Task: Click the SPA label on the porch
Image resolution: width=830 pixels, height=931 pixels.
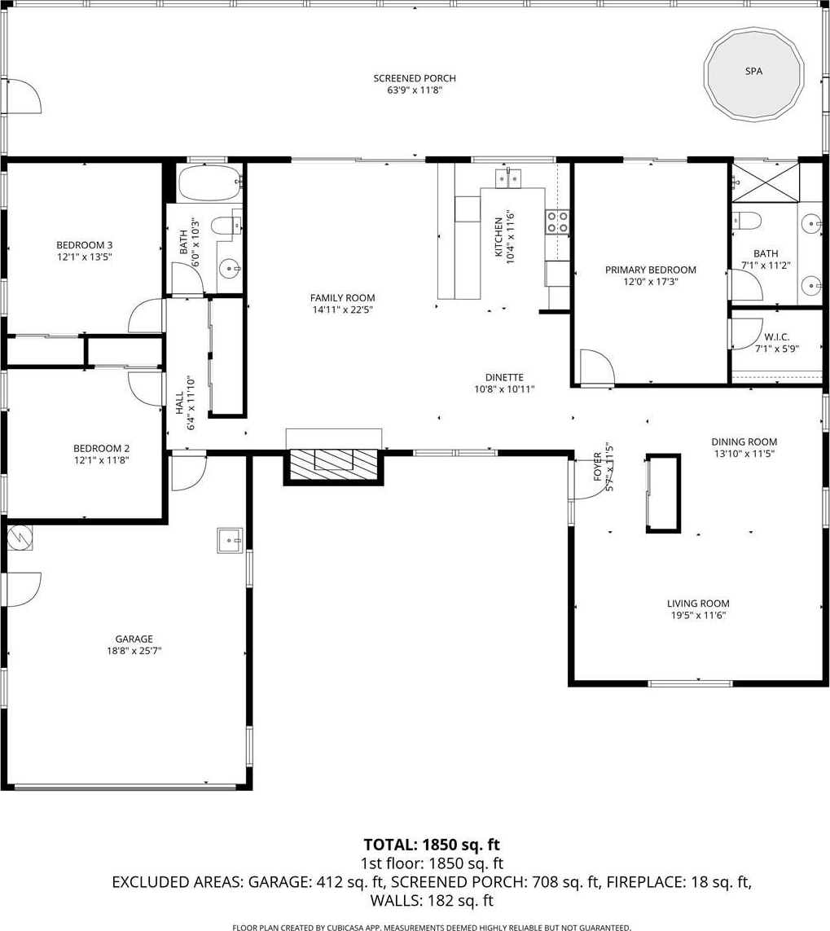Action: click(x=753, y=71)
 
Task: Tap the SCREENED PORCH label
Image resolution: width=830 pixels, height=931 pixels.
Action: click(x=415, y=78)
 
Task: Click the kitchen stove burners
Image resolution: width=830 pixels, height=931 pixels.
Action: click(x=557, y=222)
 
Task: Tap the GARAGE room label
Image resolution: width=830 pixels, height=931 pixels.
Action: click(x=134, y=639)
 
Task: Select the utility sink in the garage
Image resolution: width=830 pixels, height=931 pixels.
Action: click(x=230, y=540)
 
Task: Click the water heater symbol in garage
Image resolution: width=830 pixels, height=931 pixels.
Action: click(x=20, y=538)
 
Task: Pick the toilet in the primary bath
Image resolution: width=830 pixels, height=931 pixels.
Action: click(x=747, y=221)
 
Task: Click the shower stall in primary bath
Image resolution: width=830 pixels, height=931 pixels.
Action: click(x=766, y=182)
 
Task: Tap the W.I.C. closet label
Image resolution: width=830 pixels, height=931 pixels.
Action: click(x=776, y=337)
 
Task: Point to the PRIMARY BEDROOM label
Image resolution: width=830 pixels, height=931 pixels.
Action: click(x=651, y=270)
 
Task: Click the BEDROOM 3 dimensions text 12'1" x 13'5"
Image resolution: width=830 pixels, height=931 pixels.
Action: click(x=85, y=257)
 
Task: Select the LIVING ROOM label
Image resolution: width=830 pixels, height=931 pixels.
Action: click(x=698, y=604)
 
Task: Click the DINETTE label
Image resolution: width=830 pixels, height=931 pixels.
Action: click(x=504, y=378)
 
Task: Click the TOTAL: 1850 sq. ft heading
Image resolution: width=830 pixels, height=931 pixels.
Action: click(x=432, y=845)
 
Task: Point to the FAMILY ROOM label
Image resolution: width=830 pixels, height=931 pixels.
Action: click(x=343, y=298)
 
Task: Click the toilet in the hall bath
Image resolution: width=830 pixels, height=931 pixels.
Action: click(x=226, y=226)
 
